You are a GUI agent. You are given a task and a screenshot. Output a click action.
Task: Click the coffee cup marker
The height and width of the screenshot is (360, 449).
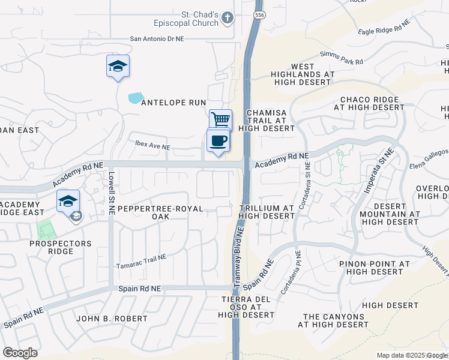[218, 141]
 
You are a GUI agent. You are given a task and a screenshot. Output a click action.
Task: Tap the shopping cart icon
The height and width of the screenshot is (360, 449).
[221, 119]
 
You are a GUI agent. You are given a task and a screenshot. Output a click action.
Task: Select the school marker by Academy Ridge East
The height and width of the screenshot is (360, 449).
[68, 201]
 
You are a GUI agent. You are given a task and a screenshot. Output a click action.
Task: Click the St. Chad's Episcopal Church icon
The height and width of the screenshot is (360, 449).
[227, 18]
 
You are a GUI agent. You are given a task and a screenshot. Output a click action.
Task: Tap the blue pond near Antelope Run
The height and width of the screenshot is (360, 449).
[136, 97]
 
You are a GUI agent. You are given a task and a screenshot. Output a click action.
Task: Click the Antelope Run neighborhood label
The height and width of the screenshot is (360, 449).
[173, 103]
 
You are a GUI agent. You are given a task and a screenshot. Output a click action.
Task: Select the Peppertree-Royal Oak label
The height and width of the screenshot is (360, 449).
[160, 212]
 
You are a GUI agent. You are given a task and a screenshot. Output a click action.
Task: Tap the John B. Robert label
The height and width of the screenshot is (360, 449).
[112, 318]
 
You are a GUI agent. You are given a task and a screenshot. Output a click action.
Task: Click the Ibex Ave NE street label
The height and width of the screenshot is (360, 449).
[153, 146]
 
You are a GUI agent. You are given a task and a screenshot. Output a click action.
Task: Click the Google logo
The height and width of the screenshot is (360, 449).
[20, 352]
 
